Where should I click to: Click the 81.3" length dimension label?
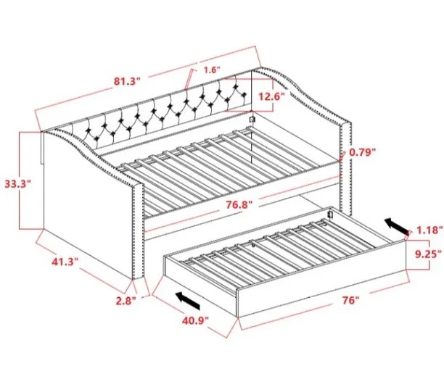pyautogui.click(x=127, y=81)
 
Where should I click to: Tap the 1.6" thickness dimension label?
pyautogui.click(x=212, y=70)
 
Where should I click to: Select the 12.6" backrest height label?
pyautogui.click(x=271, y=97)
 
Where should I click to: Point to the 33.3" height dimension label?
pyautogui.click(x=17, y=184)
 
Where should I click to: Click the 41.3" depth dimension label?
pyautogui.click(x=65, y=262)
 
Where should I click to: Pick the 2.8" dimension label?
pyautogui.click(x=126, y=301)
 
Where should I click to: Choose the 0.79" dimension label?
pyautogui.click(x=363, y=152)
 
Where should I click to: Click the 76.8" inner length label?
pyautogui.click(x=239, y=204)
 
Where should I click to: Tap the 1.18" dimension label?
pyautogui.click(x=429, y=230)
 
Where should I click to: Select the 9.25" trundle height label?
pyautogui.click(x=429, y=254)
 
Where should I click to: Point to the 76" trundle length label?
pyautogui.click(x=350, y=300)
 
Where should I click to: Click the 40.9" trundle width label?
pyautogui.click(x=195, y=320)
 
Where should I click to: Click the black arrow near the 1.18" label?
pyautogui.click(x=397, y=226)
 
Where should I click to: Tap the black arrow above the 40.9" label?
pyautogui.click(x=188, y=301)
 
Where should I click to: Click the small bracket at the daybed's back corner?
pyautogui.click(x=252, y=120)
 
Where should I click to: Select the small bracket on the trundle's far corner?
pyautogui.click(x=329, y=214)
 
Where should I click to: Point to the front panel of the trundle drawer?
pyautogui.click(x=322, y=292)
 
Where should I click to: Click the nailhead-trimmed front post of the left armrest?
pyautogui.click(x=139, y=231)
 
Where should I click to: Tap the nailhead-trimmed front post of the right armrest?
pyautogui.click(x=346, y=167)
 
